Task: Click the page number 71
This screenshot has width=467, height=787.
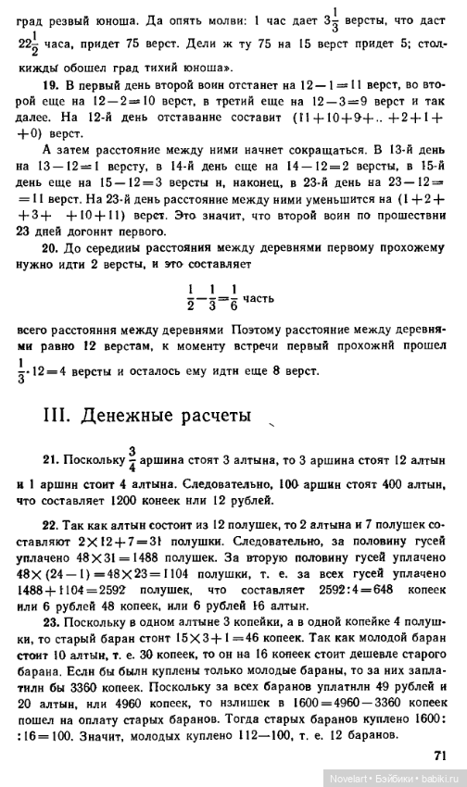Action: click(x=439, y=756)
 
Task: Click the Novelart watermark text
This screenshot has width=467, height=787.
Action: click(x=351, y=780)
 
